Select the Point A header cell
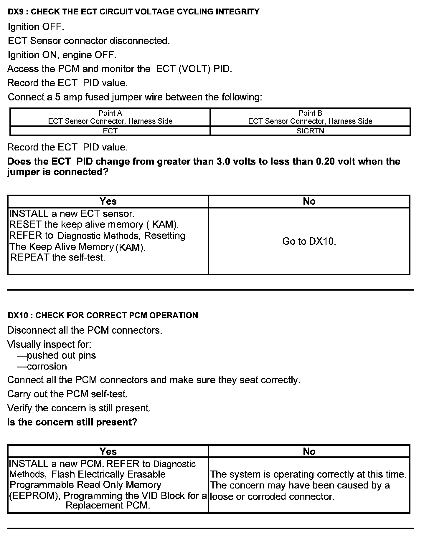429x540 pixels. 110,117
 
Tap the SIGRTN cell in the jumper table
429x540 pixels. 310,131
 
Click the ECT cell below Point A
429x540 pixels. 110,131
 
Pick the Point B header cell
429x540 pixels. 310,117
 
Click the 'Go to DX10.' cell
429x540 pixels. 309,241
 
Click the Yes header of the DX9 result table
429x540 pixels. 108,201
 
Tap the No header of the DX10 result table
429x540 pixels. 309,452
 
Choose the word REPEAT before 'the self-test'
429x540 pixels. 30,258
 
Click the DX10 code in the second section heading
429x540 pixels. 18,315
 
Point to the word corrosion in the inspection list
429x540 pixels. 47,367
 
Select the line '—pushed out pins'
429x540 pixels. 57,356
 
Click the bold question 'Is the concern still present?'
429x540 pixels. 72,422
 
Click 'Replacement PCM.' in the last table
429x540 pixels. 108,506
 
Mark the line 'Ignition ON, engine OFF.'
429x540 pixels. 62,55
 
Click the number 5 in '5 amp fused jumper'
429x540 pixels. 58,97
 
